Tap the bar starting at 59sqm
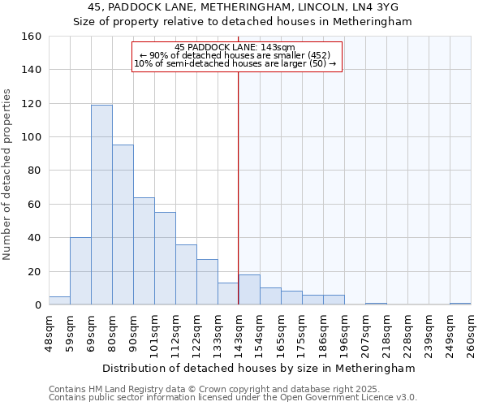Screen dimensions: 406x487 coord(80,271)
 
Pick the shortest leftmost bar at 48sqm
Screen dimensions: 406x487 coord(59,300)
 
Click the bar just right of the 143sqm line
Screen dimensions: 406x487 coord(249,290)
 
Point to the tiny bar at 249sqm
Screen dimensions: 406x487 coord(460,304)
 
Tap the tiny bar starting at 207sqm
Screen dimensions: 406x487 coord(376,304)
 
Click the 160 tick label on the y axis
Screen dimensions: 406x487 coord(31,37)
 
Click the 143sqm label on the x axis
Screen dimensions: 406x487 coord(239,332)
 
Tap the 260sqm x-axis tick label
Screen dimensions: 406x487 coord(471,332)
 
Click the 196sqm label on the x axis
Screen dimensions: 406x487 coord(344,332)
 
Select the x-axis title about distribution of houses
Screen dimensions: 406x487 coord(260,368)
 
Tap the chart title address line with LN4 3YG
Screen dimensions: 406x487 coord(243,7)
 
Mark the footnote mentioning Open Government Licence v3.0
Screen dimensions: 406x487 coord(233,397)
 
